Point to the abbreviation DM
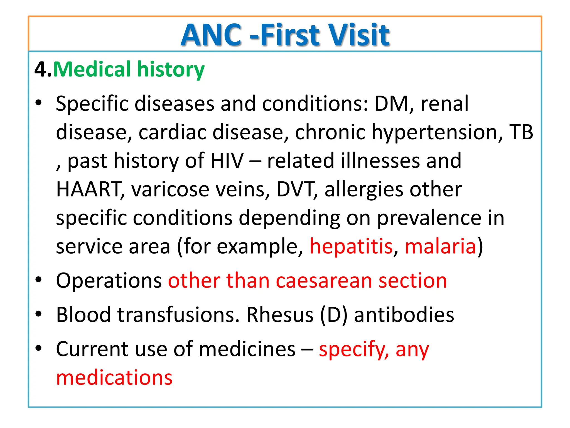(x=391, y=104)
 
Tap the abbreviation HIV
(x=227, y=161)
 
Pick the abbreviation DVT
(x=295, y=189)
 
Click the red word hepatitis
(x=351, y=247)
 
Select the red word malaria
(x=440, y=247)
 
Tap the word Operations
(x=109, y=281)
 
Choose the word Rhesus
(x=280, y=315)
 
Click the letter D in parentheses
(x=334, y=315)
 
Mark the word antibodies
(x=404, y=315)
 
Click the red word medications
(x=114, y=378)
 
